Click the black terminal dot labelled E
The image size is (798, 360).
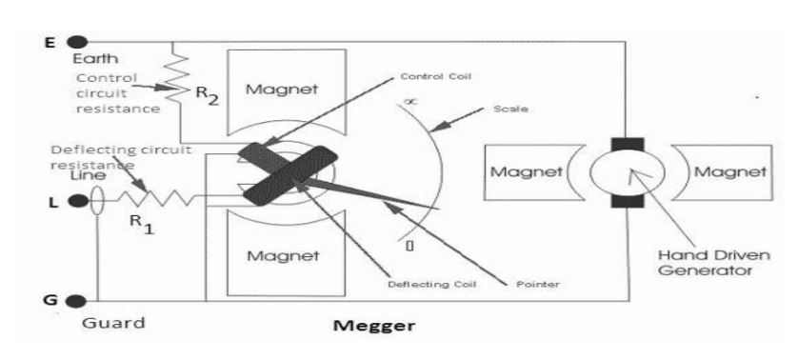79,42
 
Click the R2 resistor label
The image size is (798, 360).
208,94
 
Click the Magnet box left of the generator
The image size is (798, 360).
521,172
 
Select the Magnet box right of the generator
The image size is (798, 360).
729,172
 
